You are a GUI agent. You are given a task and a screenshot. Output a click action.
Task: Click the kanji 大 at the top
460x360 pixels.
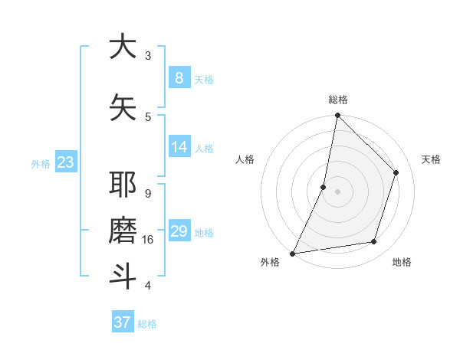click(x=123, y=47)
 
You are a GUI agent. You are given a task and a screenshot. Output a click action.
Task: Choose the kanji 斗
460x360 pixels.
click(x=123, y=276)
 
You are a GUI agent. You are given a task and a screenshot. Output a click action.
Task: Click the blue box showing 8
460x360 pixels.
click(x=179, y=77)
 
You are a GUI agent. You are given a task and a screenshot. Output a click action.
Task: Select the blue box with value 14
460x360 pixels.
click(x=179, y=147)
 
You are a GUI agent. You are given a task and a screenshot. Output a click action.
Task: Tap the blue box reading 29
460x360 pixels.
click(x=179, y=231)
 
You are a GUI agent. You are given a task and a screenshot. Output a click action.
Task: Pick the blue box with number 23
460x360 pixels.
click(x=65, y=162)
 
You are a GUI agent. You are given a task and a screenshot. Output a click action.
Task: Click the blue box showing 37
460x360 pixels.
click(x=123, y=322)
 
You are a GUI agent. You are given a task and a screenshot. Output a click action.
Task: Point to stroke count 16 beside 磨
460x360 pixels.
click(x=149, y=240)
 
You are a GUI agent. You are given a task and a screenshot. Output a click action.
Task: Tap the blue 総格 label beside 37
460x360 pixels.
click(x=148, y=324)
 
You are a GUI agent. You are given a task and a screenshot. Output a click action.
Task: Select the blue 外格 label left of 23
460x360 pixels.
click(x=41, y=163)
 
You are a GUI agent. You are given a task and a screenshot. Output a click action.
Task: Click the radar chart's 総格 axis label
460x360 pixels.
click(x=338, y=100)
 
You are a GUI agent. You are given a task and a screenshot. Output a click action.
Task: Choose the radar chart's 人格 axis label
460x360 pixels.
click(x=245, y=159)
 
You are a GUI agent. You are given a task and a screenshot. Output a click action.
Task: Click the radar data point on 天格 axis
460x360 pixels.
click(x=396, y=172)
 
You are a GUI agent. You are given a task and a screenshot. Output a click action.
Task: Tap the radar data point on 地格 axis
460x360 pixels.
click(x=374, y=242)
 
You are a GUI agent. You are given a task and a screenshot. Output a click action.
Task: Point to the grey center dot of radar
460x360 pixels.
click(x=337, y=191)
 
